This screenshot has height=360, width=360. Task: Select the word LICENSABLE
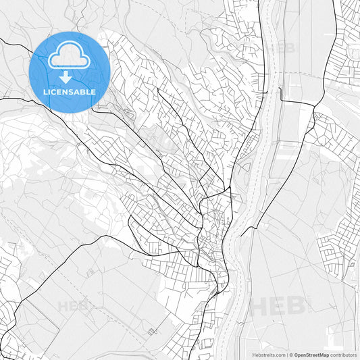[70, 92]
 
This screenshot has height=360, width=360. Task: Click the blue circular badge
[70, 72]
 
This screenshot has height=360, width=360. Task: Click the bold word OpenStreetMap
[311, 355]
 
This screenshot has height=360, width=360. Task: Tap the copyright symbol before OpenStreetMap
[290, 355]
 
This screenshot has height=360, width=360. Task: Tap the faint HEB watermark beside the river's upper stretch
[280, 48]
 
